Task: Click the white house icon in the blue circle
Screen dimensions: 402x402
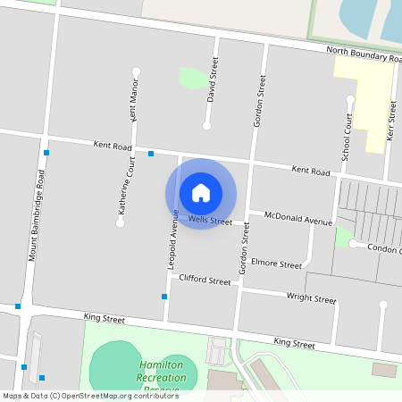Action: [201, 193]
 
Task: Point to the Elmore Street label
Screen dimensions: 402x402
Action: [277, 264]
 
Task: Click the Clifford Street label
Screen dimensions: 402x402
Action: [205, 281]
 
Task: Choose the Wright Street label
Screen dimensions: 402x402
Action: [311, 298]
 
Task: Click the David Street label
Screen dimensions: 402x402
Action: [213, 81]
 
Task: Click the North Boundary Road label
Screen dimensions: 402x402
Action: [362, 54]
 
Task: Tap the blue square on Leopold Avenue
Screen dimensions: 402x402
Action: [164, 297]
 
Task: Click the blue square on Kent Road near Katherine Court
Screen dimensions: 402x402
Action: [151, 154]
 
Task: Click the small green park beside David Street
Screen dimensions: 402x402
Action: [191, 78]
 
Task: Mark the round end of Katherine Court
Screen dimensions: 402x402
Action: [120, 222]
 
